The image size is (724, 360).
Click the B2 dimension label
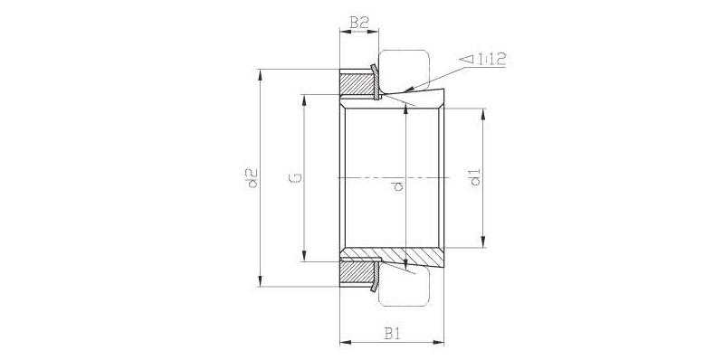tap(358, 22)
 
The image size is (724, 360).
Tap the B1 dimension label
tap(392, 333)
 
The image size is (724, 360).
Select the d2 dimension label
tap(252, 178)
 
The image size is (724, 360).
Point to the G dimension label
tap(296, 177)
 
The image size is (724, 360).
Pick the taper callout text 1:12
tap(491, 59)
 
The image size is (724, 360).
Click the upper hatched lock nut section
tap(356, 82)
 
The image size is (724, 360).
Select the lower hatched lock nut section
tap(356, 273)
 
